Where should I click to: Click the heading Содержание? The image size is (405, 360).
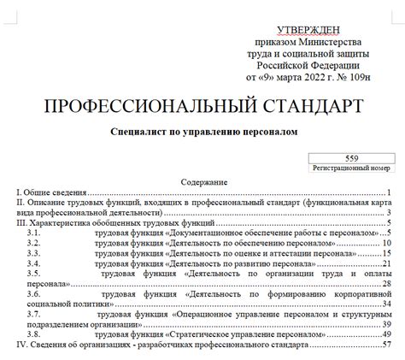coord(203,183)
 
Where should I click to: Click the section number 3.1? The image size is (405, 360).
coord(34,232)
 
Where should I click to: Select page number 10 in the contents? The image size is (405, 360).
coord(386,243)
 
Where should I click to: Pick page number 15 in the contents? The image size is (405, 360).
coord(386,253)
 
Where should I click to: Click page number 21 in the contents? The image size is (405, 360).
coord(386,263)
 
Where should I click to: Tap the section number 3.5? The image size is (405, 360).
coord(34,274)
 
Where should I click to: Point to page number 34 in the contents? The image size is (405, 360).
coord(386,303)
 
